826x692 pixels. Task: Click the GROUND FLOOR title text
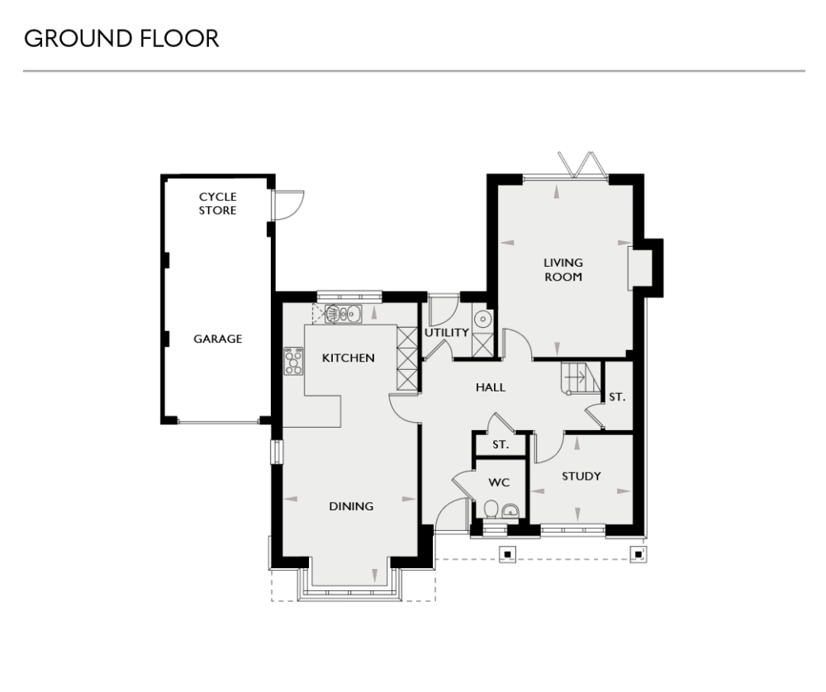coord(121,39)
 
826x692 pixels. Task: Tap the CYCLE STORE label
coord(217,203)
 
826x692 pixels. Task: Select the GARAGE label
coord(217,339)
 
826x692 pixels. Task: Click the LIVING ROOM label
coord(563,270)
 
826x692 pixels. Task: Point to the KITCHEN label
coord(348,358)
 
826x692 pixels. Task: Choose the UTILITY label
coord(447,333)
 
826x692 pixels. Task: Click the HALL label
coord(490,386)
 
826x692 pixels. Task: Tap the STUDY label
coord(581,476)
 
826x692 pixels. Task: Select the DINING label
coord(351,506)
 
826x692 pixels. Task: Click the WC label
coord(499,481)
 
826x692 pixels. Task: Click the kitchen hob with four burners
coord(293,361)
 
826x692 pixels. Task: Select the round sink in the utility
coord(483,320)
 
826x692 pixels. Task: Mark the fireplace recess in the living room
coord(641,266)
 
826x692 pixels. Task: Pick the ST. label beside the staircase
coord(617,397)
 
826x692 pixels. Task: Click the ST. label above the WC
coord(499,444)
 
